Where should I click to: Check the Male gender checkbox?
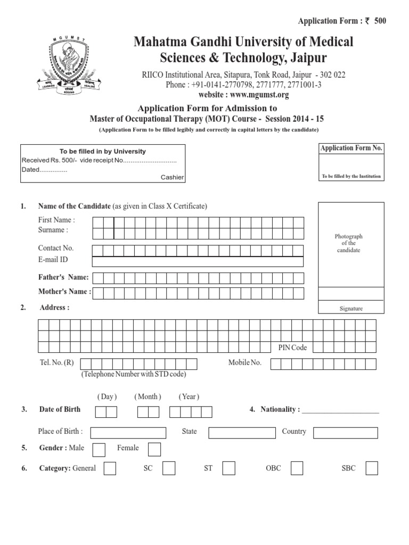[99, 450]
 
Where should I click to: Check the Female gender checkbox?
[154, 450]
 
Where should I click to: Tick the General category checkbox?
[110, 468]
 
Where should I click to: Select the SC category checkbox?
[169, 468]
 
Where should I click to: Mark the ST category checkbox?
[229, 468]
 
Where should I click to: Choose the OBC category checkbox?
[297, 468]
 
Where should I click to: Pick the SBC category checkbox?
[372, 468]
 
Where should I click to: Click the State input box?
[241, 432]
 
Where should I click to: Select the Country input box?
[346, 432]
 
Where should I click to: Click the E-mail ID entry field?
[198, 261]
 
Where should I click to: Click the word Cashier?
[172, 178]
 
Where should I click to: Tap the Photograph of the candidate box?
[350, 243]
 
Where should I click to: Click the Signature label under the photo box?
[350, 309]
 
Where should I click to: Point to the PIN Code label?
[293, 348]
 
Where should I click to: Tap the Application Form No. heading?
[351, 148]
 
